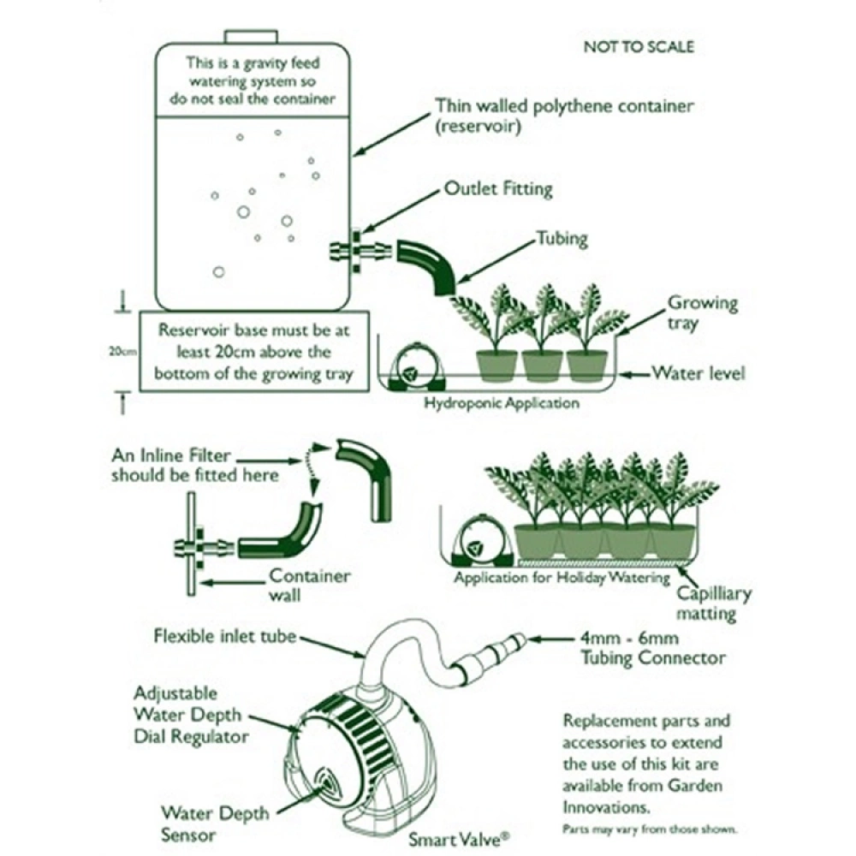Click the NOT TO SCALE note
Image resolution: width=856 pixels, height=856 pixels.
(638, 46)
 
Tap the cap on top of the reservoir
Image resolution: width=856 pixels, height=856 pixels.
(253, 37)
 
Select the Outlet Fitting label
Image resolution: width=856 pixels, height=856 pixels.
(497, 188)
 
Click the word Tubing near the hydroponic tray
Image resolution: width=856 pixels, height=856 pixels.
(562, 238)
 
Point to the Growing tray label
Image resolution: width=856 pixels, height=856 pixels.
(702, 313)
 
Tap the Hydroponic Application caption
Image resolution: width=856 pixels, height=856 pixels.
(502, 403)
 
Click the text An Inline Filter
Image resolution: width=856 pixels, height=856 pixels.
(170, 456)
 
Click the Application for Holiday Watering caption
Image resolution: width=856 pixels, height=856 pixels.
(562, 578)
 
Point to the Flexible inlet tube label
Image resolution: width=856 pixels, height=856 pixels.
(226, 636)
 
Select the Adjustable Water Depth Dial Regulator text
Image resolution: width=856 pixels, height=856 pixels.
(191, 714)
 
